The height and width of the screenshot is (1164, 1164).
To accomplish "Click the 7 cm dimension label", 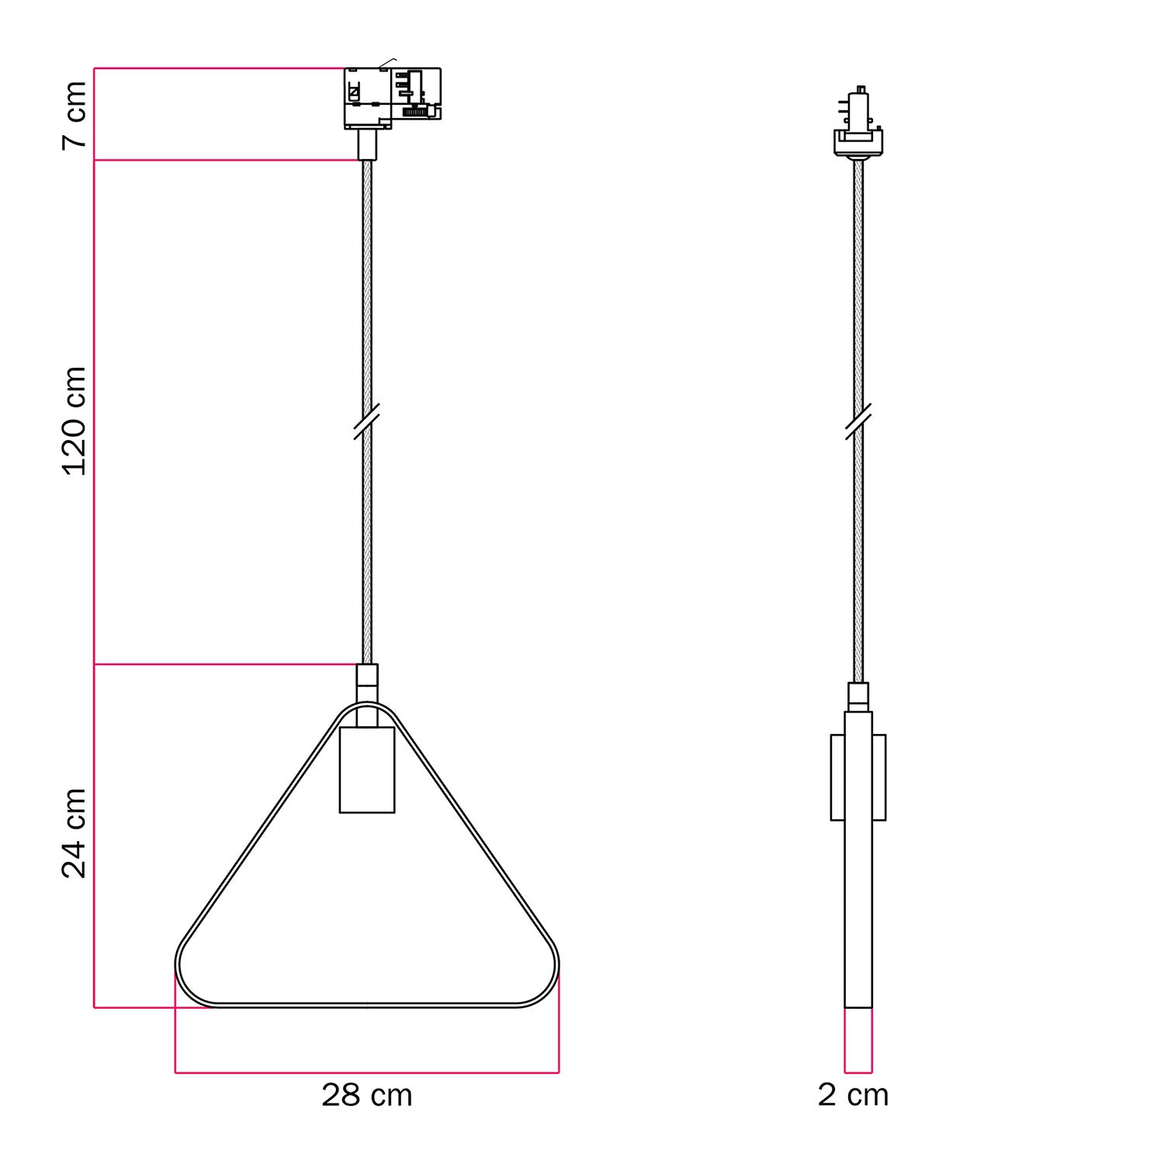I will click(x=74, y=115).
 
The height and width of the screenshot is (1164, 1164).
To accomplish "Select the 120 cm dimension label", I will click(x=74, y=421).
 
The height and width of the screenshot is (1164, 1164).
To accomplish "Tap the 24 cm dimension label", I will click(x=74, y=833).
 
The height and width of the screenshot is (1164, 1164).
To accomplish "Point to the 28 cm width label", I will click(x=366, y=1095).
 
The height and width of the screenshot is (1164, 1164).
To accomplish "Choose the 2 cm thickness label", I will click(x=853, y=1095).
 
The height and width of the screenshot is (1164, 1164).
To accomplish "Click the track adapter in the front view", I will click(x=393, y=97).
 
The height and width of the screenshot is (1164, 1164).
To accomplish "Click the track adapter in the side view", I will click(x=858, y=124).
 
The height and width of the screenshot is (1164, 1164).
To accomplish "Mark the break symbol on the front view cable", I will click(x=366, y=421).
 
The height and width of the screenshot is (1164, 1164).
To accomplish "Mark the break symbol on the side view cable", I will click(x=858, y=421).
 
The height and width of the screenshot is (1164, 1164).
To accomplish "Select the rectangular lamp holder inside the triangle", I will click(x=367, y=770).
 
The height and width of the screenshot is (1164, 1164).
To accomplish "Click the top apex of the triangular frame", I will click(x=367, y=705).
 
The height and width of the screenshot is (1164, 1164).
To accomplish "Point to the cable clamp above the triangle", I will click(x=367, y=681).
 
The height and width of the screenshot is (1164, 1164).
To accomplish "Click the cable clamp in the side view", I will click(x=858, y=696).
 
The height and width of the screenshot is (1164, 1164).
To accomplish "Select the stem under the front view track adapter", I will click(x=367, y=144).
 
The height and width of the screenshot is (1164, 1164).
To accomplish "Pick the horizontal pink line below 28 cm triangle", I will click(x=366, y=1073).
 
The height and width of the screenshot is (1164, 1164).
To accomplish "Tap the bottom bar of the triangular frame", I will click(x=366, y=1006).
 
